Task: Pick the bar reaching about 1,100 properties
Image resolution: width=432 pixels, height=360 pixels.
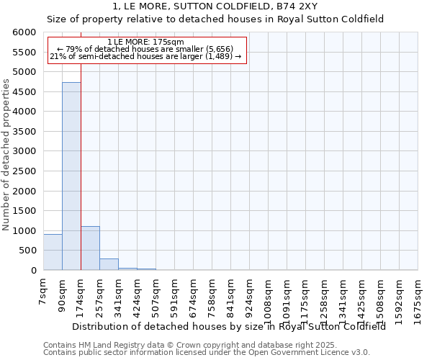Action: [x=90, y=248]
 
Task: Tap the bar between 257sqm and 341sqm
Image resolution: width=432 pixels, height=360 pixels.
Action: [x=109, y=264]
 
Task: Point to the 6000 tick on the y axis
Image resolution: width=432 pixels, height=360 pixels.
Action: [x=25, y=32]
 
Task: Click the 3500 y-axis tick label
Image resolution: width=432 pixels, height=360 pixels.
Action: [x=25, y=132]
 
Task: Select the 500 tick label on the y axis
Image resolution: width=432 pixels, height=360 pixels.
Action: [x=28, y=251]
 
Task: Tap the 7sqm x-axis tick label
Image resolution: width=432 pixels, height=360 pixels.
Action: [x=43, y=291]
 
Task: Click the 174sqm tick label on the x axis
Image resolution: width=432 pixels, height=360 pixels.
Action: [x=81, y=294]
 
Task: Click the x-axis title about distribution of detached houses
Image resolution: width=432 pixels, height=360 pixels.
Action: [x=229, y=325]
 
